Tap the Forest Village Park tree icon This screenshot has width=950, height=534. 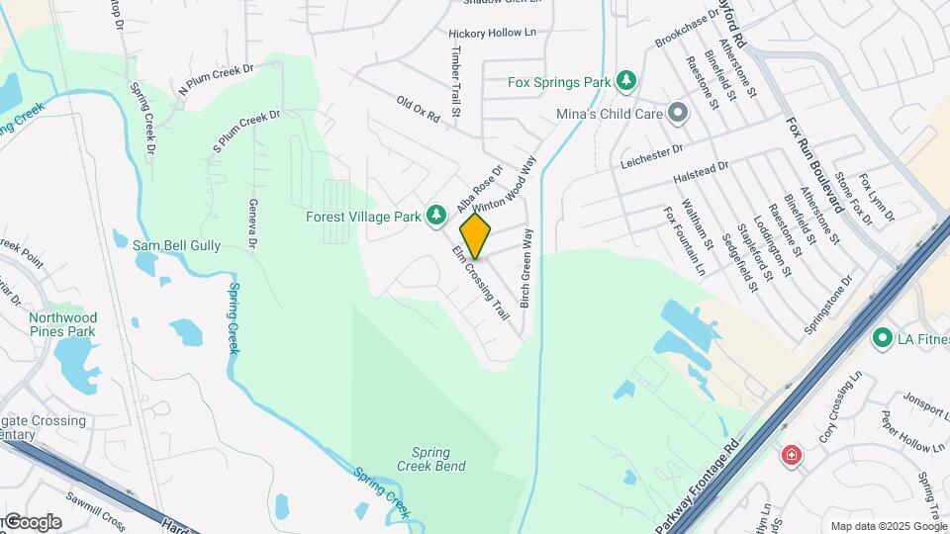[x=435, y=215]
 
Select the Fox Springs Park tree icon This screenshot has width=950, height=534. [x=624, y=79]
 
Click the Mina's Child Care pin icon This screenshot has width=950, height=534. [x=678, y=114]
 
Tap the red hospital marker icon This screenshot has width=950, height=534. [x=791, y=456]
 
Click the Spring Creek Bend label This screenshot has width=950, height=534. [x=430, y=457]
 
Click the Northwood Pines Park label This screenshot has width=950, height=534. [x=62, y=324]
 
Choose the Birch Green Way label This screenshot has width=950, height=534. [x=527, y=268]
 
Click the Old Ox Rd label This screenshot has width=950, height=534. [x=418, y=109]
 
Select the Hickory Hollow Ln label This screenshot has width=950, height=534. [x=499, y=33]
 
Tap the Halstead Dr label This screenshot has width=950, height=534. [x=701, y=172]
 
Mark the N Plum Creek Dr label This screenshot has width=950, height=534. [x=216, y=79]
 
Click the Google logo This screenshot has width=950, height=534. [x=33, y=522]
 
